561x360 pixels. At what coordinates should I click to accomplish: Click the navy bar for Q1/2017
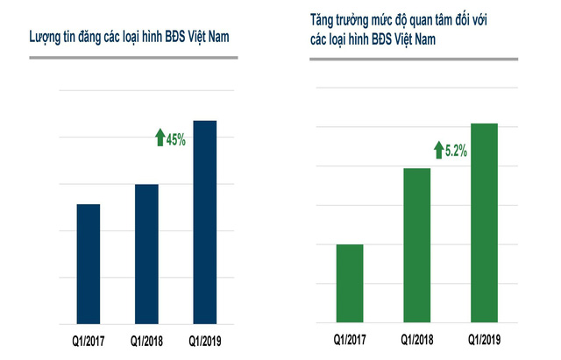click(x=89, y=264)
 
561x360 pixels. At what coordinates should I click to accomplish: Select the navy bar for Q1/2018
click(x=146, y=254)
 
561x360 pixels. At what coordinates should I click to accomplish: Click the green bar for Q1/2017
click(x=350, y=284)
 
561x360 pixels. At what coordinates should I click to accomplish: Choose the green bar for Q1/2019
click(x=485, y=223)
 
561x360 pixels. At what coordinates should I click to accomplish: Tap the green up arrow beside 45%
click(x=160, y=138)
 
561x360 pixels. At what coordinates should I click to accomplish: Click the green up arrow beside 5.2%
click(x=437, y=150)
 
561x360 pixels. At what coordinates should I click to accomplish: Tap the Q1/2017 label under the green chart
click(x=350, y=339)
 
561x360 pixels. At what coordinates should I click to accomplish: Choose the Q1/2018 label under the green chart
click(x=417, y=339)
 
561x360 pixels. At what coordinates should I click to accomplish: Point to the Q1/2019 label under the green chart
click(x=485, y=339)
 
